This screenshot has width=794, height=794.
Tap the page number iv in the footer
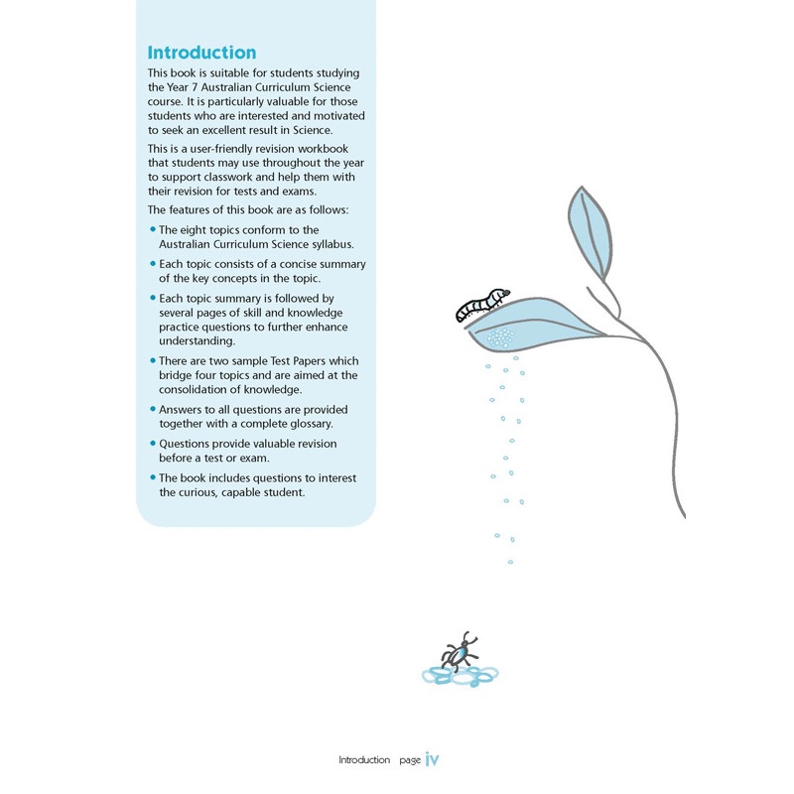tap(432, 759)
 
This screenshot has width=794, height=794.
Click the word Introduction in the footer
tap(364, 760)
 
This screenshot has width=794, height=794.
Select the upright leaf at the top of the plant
tap(588, 233)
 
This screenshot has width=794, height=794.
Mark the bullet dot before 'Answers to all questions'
tap(152, 409)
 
